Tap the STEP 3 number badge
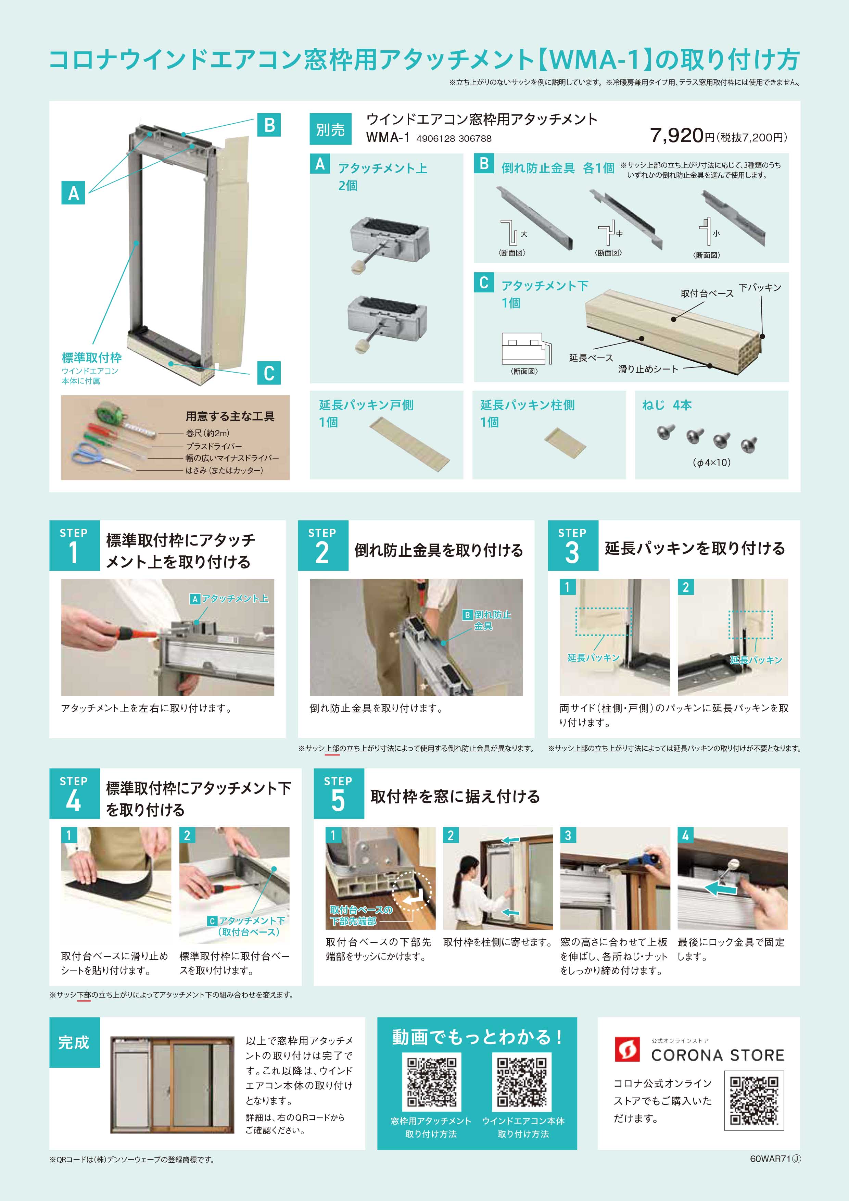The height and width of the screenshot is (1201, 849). click(x=572, y=546)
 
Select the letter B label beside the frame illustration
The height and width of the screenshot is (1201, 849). click(x=269, y=126)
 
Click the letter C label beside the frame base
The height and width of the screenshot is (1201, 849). click(x=269, y=373)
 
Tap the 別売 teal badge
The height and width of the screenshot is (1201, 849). click(x=330, y=129)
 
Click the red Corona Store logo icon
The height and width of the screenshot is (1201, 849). click(x=627, y=1049)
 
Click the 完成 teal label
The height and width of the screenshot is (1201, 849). click(x=74, y=1042)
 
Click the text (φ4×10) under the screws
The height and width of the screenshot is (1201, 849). click(x=711, y=462)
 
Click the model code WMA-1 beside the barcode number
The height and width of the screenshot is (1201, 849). click(x=388, y=138)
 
